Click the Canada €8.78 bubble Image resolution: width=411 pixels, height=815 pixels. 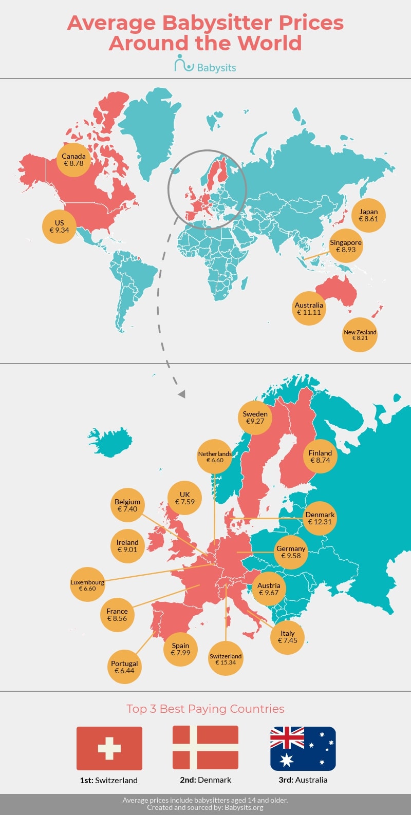tap(73, 160)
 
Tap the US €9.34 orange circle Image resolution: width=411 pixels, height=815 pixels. tap(59, 226)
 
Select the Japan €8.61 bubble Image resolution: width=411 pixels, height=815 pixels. tap(368, 215)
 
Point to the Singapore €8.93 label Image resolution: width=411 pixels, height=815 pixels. tap(346, 246)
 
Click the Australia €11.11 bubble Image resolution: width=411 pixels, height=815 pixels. tap(309, 309)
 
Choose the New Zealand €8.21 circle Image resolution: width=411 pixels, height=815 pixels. tap(360, 335)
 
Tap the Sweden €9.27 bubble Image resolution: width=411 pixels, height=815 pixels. tap(255, 418)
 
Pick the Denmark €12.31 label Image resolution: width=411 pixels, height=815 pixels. tap(320, 518)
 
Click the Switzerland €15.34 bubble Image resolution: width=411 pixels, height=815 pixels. tap(226, 658)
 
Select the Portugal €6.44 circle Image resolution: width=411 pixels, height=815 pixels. tap(124, 667)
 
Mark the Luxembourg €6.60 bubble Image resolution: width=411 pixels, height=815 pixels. tap(87, 584)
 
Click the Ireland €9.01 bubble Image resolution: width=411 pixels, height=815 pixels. tap(127, 546)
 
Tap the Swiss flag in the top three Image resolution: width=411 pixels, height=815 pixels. tap(109, 748)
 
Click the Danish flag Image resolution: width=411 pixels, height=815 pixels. tap(206, 748)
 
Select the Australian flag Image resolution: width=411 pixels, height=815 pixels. tap(303, 748)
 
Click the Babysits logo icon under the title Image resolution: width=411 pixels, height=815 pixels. tap(183, 64)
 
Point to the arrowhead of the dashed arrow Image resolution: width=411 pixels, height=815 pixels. tap(181, 394)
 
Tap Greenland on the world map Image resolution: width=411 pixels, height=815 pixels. tap(149, 128)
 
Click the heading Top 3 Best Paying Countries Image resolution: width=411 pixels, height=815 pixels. tap(206, 709)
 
